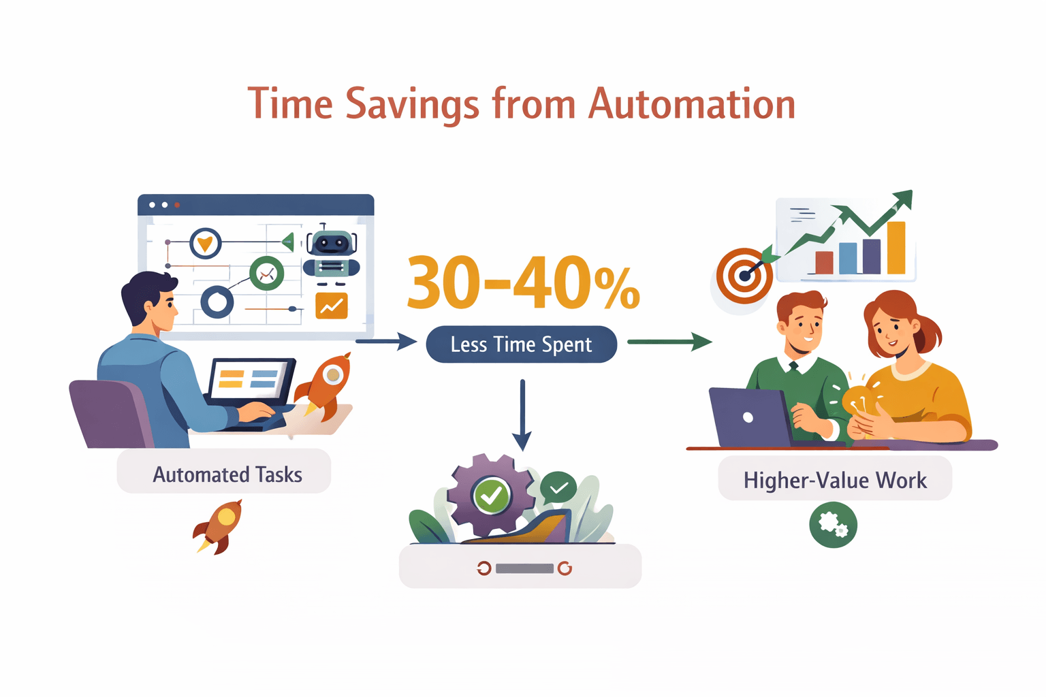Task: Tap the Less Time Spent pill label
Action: pyautogui.click(x=521, y=344)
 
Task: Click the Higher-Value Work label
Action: pyautogui.click(x=835, y=480)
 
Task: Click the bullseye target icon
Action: pyautogui.click(x=744, y=276)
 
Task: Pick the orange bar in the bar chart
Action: pyautogui.click(x=896, y=248)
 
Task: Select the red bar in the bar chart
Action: pyautogui.click(x=824, y=262)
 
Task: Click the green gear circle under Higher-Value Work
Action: pyautogui.click(x=833, y=525)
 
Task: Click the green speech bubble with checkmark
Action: pyautogui.click(x=558, y=487)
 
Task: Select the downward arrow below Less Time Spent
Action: pyautogui.click(x=522, y=415)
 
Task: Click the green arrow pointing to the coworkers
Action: pyautogui.click(x=669, y=342)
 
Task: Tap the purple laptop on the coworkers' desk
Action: pyautogui.click(x=748, y=417)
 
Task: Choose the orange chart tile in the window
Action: pyautogui.click(x=332, y=306)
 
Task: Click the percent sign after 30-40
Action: pyautogui.click(x=617, y=289)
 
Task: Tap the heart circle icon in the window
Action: pyautogui.click(x=205, y=243)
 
